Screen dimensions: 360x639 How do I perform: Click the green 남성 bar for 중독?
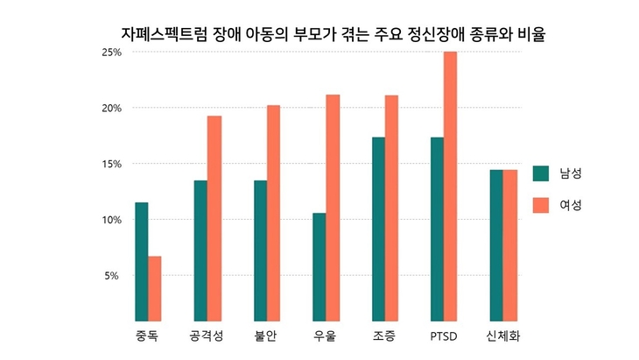click(x=142, y=262)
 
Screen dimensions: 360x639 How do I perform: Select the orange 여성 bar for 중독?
click(x=155, y=288)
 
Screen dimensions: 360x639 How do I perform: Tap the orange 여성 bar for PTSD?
click(x=451, y=186)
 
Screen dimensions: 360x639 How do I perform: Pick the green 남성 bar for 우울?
click(x=319, y=266)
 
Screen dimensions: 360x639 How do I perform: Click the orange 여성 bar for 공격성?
click(x=214, y=218)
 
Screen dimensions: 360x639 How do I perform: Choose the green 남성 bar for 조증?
click(x=378, y=229)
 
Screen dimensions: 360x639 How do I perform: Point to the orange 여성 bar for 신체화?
click(x=510, y=245)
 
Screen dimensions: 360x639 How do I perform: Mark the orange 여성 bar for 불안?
click(x=273, y=213)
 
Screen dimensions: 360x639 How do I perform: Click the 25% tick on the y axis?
click(x=111, y=53)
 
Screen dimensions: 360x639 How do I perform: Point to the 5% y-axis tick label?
click(x=114, y=276)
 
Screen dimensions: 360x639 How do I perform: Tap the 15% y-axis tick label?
click(x=111, y=164)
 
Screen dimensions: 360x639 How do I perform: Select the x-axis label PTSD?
click(x=444, y=336)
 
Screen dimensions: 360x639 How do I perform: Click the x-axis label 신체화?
click(x=503, y=336)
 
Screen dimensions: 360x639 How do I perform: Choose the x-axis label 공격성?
click(x=207, y=336)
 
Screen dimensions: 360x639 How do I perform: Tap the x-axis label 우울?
click(x=325, y=336)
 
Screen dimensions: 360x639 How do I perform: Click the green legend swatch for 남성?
click(x=540, y=173)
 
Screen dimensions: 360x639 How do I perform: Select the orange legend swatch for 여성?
click(x=540, y=205)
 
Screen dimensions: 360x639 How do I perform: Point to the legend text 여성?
click(x=571, y=205)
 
